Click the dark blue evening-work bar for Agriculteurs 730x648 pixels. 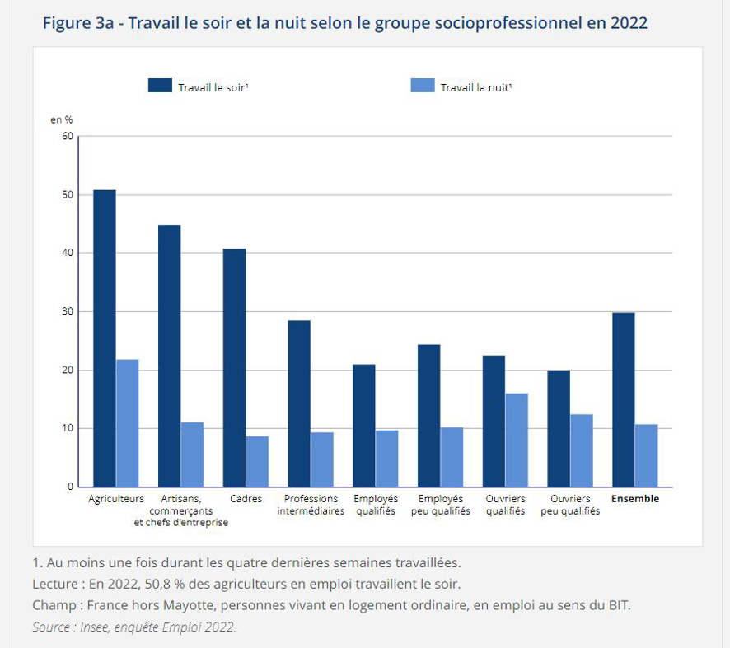[105, 338]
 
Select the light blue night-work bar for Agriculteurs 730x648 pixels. [128, 423]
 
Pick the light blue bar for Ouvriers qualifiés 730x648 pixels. [517, 441]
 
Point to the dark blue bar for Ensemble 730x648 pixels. [624, 399]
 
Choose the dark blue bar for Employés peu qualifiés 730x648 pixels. [428, 416]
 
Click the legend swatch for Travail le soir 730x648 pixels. [160, 86]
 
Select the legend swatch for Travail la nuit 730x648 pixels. [423, 86]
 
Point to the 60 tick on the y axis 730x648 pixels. [68, 136]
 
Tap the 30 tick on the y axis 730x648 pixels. [68, 311]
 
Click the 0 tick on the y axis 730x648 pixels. [70, 487]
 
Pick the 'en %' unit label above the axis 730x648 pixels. [61, 120]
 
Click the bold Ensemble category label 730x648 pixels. [635, 499]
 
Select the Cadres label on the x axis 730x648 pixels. [246, 499]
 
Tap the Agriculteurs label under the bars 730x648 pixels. [116, 499]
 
